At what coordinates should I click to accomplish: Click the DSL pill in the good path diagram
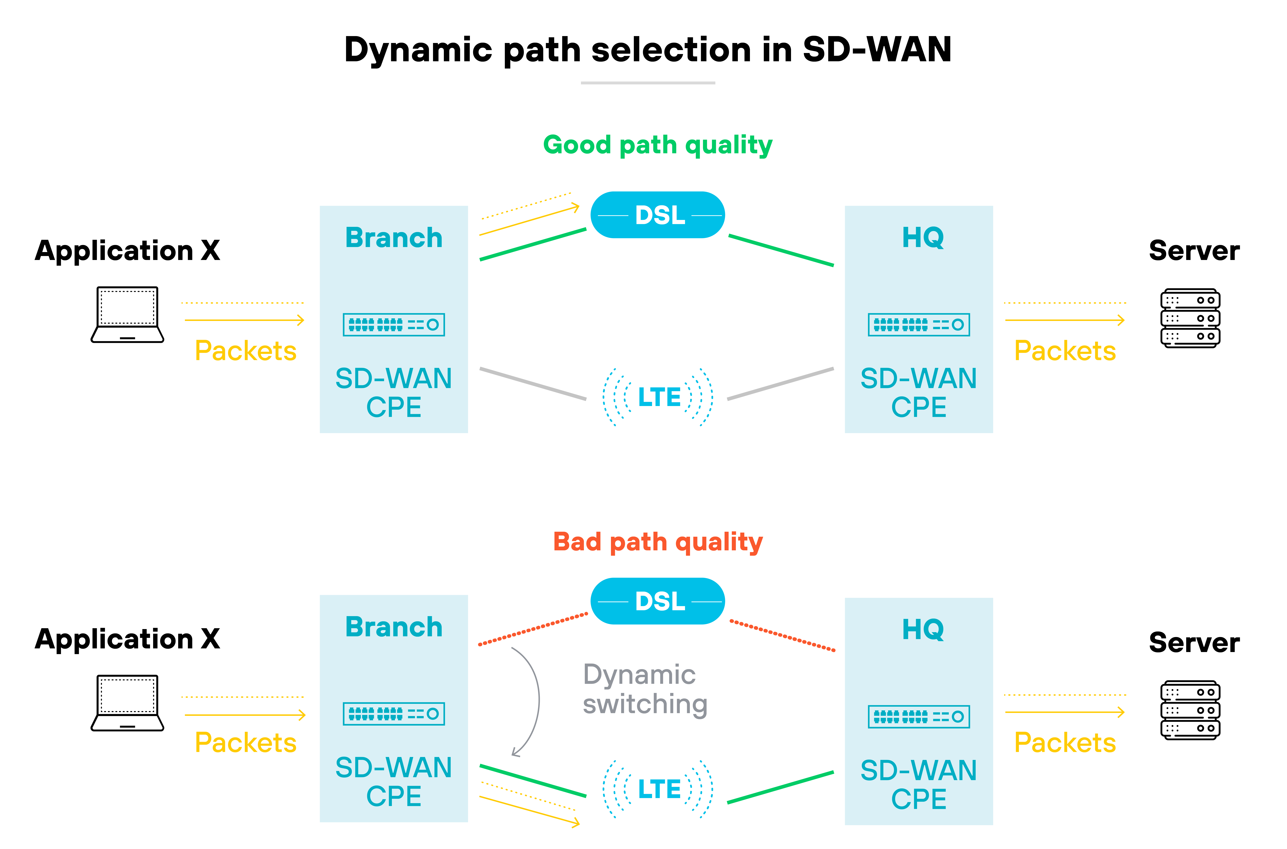(657, 215)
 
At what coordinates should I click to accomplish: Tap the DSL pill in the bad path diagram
(657, 601)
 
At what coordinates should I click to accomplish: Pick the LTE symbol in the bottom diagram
(658, 789)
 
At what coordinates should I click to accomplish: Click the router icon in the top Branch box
(394, 324)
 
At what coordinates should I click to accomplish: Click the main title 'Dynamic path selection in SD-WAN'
(648, 50)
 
